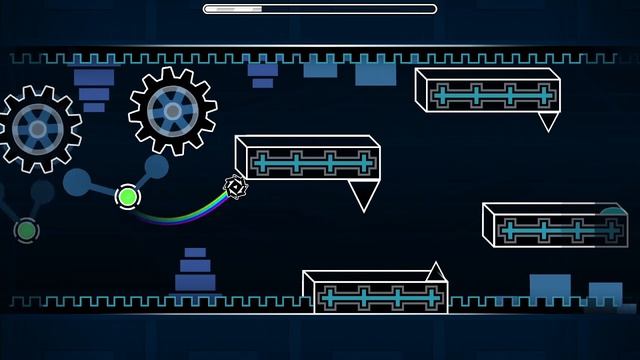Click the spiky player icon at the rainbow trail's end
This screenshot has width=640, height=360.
click(x=235, y=186)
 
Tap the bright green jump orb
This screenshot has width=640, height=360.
click(x=127, y=196)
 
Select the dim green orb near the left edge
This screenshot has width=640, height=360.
click(x=26, y=231)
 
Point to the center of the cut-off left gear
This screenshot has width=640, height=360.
click(x=37, y=127)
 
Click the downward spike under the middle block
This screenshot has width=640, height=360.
click(x=363, y=194)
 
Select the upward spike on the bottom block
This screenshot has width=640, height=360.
click(x=434, y=271)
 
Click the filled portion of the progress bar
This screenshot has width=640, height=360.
click(x=232, y=9)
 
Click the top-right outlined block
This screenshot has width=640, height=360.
click(x=487, y=92)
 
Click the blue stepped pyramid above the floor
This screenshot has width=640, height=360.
click(x=195, y=270)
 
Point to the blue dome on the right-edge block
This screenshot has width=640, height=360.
click(x=612, y=212)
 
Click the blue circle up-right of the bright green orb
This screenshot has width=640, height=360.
click(x=156, y=166)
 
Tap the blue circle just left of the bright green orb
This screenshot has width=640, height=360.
click(x=78, y=182)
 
